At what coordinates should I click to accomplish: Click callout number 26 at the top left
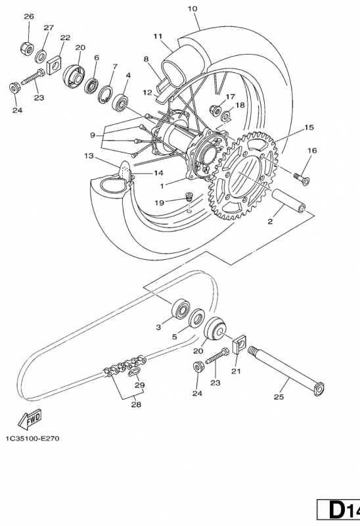point(29,16)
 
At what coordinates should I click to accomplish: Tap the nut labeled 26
point(29,47)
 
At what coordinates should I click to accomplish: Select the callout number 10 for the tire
point(173,9)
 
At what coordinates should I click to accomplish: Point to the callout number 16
point(311,151)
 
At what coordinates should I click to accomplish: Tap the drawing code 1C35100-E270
point(32,439)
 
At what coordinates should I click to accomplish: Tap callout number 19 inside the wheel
point(160,203)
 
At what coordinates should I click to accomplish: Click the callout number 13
point(89,156)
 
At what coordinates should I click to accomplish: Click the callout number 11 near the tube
point(158,36)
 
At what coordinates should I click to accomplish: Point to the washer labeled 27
point(41,53)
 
